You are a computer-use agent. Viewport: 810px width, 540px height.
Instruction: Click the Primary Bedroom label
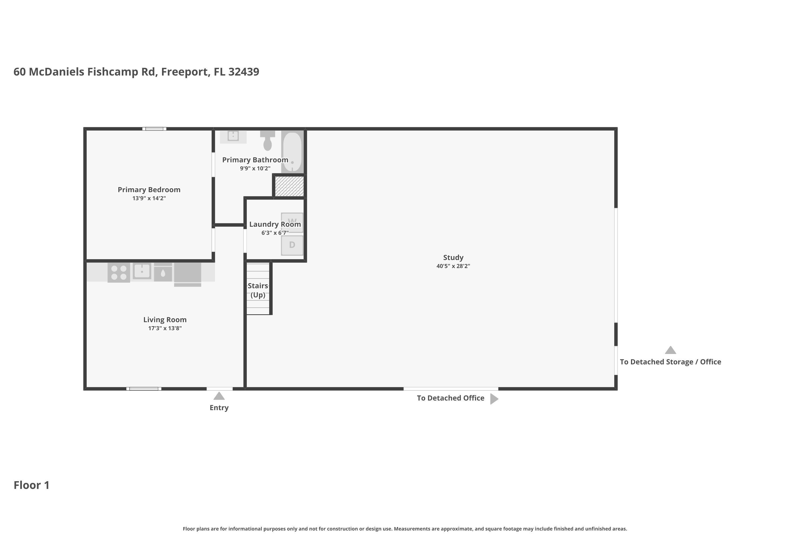[x=149, y=190]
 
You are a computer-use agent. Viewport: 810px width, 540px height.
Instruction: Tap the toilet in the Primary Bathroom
[x=267, y=140]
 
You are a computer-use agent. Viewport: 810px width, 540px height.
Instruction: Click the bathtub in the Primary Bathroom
[x=292, y=152]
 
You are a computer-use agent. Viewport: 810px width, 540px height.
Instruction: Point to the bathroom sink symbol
[x=233, y=136]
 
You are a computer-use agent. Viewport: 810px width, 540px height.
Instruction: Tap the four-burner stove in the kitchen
[x=119, y=272]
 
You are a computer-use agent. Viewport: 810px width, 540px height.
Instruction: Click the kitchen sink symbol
[x=142, y=271]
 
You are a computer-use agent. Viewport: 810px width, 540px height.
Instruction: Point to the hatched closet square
[x=289, y=187]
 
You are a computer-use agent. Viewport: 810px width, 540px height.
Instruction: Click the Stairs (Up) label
[x=258, y=290]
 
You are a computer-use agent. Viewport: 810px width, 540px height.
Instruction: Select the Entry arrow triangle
[x=219, y=396]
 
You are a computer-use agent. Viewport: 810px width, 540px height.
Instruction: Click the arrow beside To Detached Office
[x=494, y=399]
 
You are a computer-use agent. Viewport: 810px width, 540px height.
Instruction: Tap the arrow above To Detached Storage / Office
[x=670, y=350]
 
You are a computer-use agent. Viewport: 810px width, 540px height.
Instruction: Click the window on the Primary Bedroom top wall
[x=154, y=129]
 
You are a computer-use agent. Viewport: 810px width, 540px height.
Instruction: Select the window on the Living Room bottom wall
[x=144, y=389]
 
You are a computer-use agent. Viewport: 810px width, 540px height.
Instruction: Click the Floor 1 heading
[x=31, y=485]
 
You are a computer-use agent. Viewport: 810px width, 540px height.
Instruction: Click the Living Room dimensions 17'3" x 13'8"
[x=165, y=328]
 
